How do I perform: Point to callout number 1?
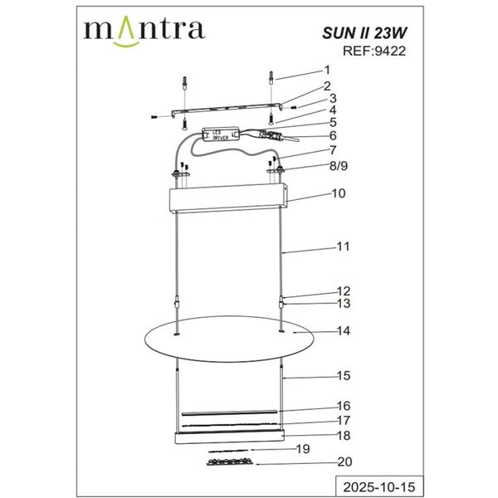327,71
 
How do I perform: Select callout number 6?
332,135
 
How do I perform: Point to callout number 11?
343,247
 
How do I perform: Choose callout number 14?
343,331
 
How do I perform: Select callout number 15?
343,376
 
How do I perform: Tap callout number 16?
343,406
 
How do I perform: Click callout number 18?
343,434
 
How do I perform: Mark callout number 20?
343,462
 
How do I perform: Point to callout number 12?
343,291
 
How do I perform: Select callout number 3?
332,98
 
